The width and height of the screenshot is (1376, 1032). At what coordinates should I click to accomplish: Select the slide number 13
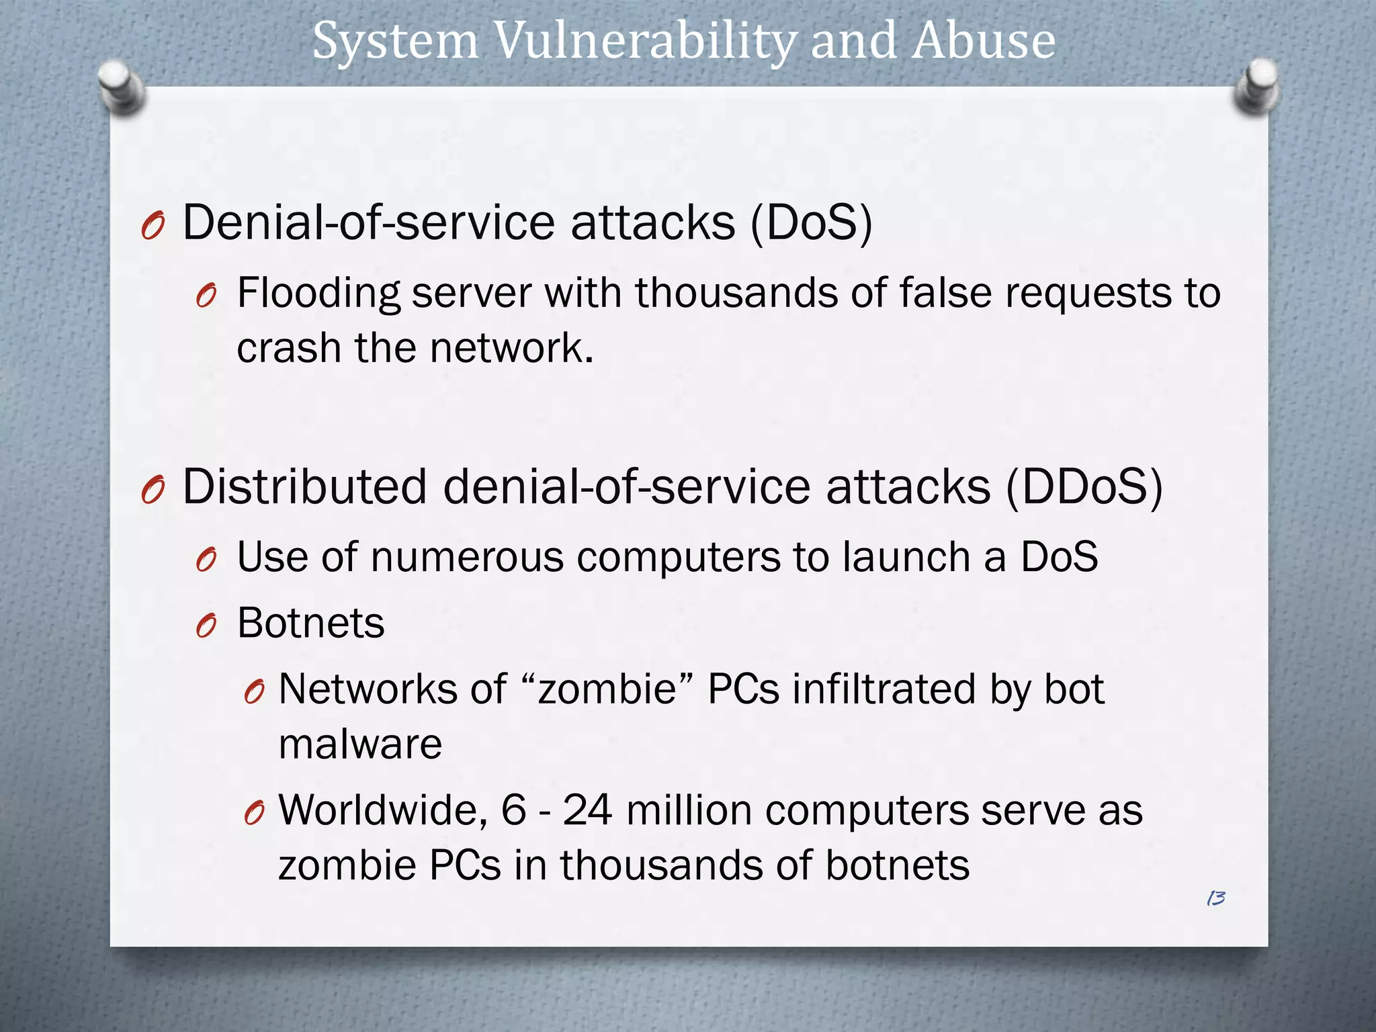coord(1215,898)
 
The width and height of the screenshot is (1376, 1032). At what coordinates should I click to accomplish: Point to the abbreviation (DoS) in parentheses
coord(811,223)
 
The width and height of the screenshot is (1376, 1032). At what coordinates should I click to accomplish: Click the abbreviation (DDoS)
coord(1084,487)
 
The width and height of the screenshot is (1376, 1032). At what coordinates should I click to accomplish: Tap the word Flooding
coord(318,294)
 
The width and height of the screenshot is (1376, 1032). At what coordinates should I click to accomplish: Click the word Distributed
coord(304,487)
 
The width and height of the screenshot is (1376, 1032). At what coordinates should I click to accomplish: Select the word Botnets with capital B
coord(311,623)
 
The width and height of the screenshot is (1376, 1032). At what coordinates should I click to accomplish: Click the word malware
coord(360,745)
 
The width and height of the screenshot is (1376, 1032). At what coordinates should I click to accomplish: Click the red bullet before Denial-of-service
coord(153,226)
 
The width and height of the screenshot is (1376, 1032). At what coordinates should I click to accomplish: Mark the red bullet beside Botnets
coord(206,626)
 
